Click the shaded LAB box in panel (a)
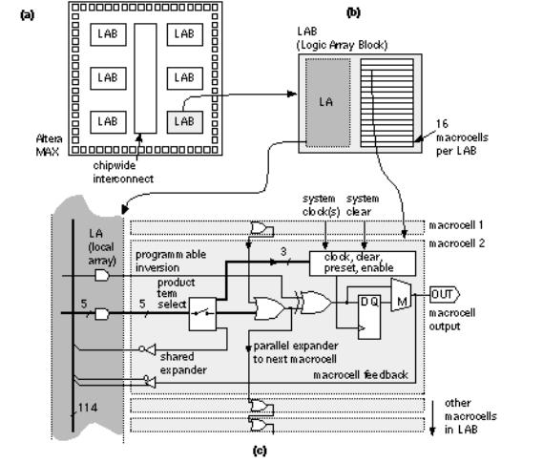pyautogui.click(x=185, y=122)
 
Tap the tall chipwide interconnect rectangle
pyautogui.click(x=145, y=78)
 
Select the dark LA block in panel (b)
pyautogui.click(x=327, y=102)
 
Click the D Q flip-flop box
pyautogui.click(x=369, y=317)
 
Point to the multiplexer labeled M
pyautogui.click(x=401, y=295)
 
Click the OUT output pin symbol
pyautogui.click(x=445, y=294)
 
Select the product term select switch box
pyautogui.click(x=202, y=314)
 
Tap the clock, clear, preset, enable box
pyautogui.click(x=363, y=263)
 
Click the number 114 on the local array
pyautogui.click(x=87, y=408)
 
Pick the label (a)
pyautogui.click(x=28, y=15)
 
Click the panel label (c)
pyautogui.click(x=260, y=451)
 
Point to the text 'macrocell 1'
pyautogui.click(x=456, y=225)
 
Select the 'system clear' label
pyautogui.click(x=363, y=205)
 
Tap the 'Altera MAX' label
pyautogui.click(x=50, y=145)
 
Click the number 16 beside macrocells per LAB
pyautogui.click(x=442, y=124)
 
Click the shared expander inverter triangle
pyautogui.click(x=149, y=349)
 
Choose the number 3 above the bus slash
pyautogui.click(x=283, y=251)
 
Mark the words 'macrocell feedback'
pyautogui.click(x=361, y=374)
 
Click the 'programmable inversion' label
pyautogui.click(x=171, y=262)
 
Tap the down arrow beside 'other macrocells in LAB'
pyautogui.click(x=432, y=417)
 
